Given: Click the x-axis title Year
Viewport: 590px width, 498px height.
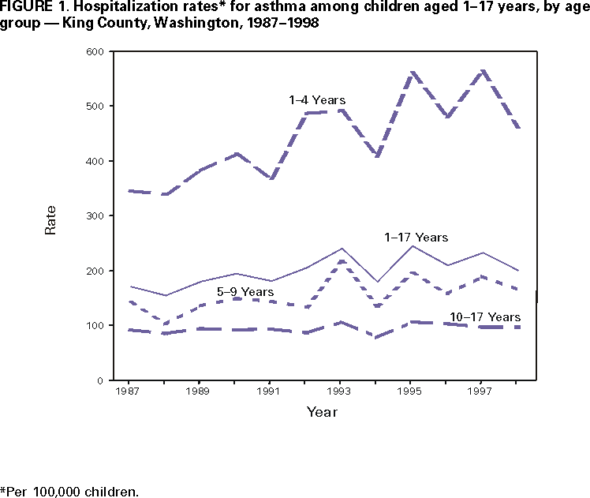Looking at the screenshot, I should click(x=321, y=412).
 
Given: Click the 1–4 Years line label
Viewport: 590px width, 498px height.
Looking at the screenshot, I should click(x=317, y=100).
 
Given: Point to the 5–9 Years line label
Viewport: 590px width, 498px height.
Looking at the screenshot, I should click(x=245, y=292).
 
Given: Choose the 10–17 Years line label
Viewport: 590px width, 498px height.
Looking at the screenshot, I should click(x=485, y=317).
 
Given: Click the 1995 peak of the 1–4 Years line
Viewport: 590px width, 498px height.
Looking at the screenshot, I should click(x=412, y=73).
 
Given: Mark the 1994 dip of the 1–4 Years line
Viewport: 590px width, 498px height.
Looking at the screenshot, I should click(x=377, y=156).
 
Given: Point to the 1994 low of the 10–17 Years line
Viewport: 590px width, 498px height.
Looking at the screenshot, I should click(x=377, y=337).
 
